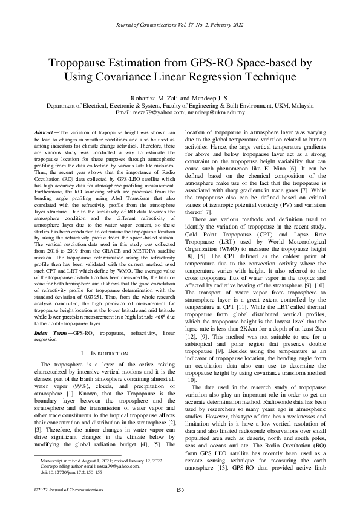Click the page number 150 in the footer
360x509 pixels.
180,490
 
